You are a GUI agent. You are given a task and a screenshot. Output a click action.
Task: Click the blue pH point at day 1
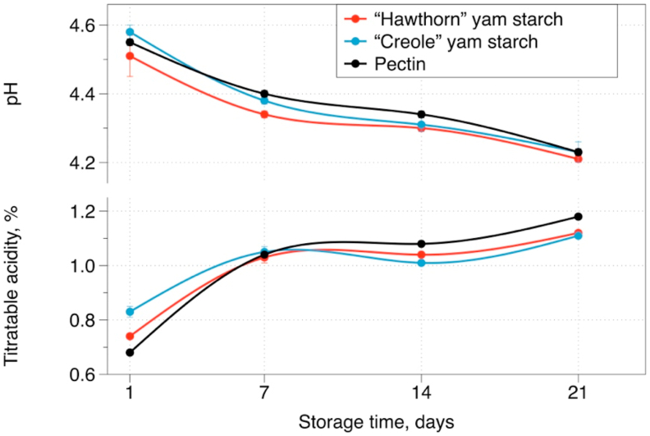[x=130, y=32]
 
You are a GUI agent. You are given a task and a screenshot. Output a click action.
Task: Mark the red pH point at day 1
[x=130, y=56]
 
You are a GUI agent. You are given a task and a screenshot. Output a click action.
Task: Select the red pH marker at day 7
[x=264, y=114]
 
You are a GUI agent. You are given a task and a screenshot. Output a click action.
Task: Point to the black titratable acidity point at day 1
[x=130, y=352]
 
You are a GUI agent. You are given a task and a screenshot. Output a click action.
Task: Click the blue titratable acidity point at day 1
[x=130, y=311]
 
